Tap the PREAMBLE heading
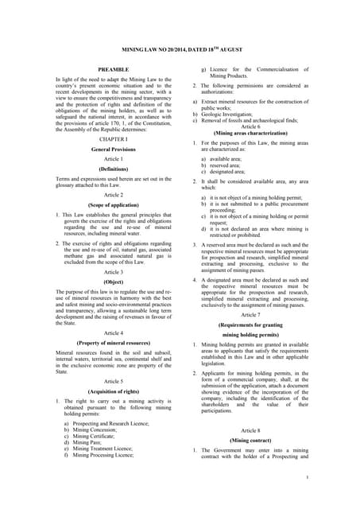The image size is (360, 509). click(x=113, y=70)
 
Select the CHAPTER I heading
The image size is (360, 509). click(x=113, y=138)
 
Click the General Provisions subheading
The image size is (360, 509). click(x=113, y=149)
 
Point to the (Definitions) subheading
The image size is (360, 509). click(x=113, y=169)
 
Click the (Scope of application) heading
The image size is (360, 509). click(x=113, y=204)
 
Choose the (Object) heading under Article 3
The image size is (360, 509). click(x=113, y=282)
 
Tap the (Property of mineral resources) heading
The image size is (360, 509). click(x=113, y=343)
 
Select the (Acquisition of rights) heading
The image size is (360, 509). click(x=113, y=392)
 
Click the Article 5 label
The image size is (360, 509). click(x=113, y=381)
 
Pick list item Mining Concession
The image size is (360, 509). click(x=96, y=429)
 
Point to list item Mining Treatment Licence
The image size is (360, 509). click(x=99, y=449)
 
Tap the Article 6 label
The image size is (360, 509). click(x=250, y=126)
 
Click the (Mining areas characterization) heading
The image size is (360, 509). click(x=250, y=134)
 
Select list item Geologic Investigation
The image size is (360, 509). click(x=234, y=114)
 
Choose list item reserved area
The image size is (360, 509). click(x=223, y=165)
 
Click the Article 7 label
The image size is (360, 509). click(x=250, y=315)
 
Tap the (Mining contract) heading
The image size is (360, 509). click(x=250, y=438)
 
